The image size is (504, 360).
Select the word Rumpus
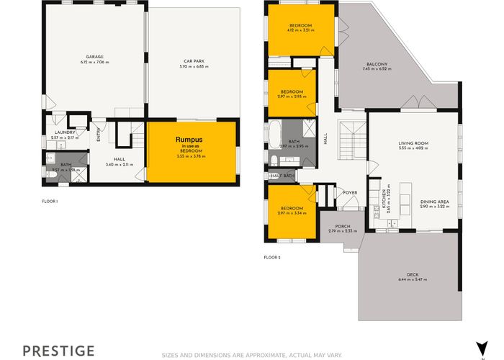pos(192,140)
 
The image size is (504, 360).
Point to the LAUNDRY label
pos(66,132)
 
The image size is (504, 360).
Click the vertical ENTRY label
pos(99,135)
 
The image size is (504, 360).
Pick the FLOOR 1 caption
pos(50,201)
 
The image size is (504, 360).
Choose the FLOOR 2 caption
pos(271,257)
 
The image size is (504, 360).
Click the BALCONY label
pos(375,64)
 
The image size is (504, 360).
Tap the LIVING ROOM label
pos(413,143)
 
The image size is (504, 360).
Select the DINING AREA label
pos(434,201)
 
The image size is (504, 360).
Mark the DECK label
pos(413,274)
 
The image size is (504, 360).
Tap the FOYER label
pos(351,192)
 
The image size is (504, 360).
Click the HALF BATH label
pos(282,176)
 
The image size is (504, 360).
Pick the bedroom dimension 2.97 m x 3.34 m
pos(292,213)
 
